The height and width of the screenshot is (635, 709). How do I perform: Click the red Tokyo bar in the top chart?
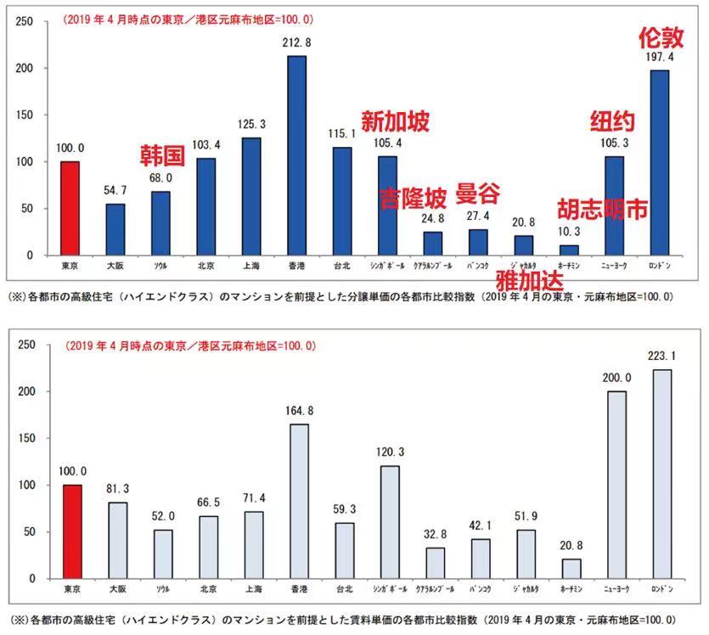click(x=70, y=208)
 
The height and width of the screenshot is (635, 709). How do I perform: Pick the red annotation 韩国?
click(x=162, y=155)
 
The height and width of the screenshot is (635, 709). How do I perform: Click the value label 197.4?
click(x=660, y=57)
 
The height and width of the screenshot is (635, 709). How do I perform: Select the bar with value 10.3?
click(x=569, y=250)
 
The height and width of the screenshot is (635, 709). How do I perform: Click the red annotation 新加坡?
click(x=395, y=121)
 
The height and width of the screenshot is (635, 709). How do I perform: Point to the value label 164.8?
click(x=296, y=411)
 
